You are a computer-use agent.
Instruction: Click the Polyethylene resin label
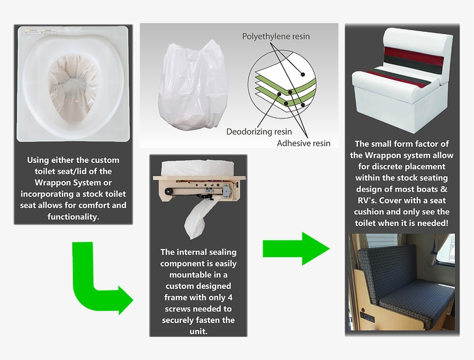point(276,36)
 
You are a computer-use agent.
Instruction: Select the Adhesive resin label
point(303,143)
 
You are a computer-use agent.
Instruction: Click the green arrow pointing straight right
point(295,249)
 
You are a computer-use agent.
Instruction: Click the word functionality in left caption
point(73,217)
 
